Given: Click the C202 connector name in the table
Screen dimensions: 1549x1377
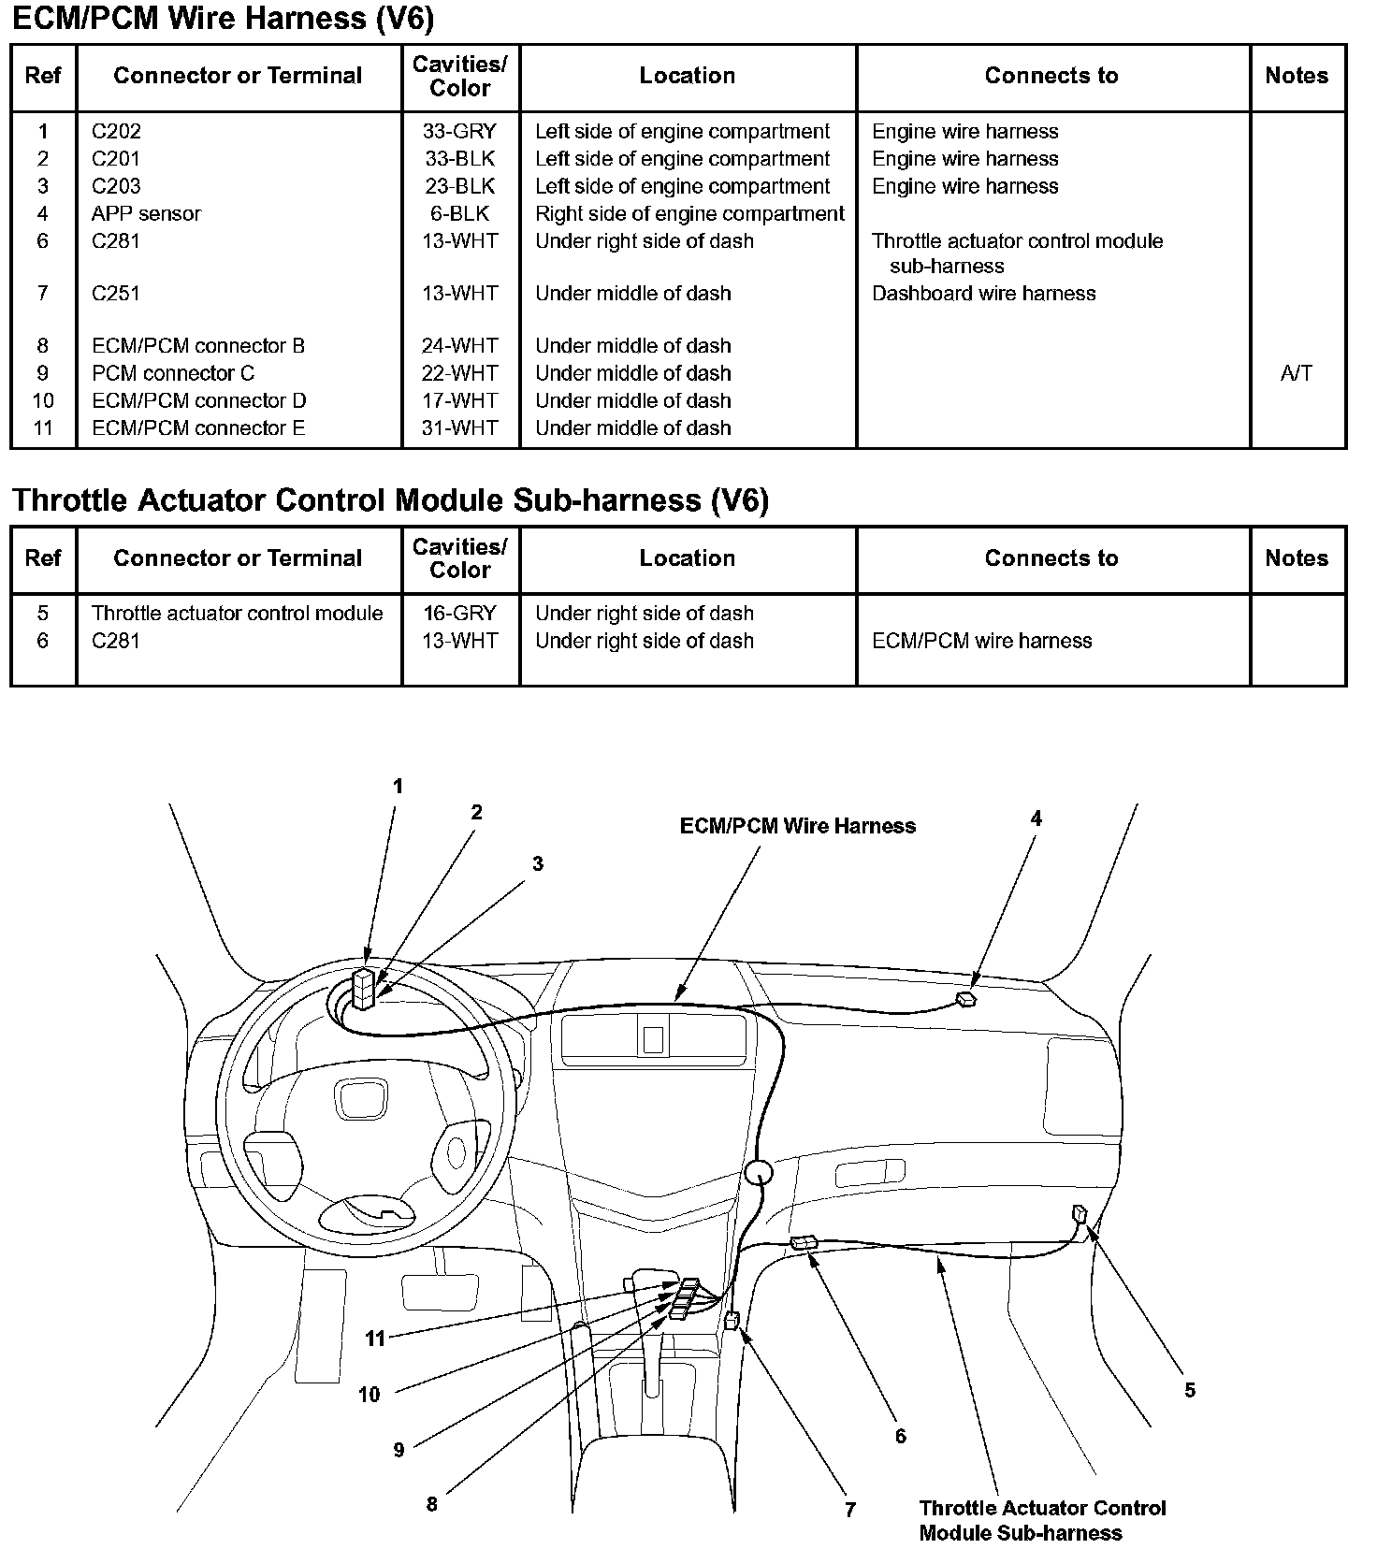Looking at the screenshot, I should [x=116, y=132].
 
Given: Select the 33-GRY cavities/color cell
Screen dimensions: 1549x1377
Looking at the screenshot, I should [x=459, y=132].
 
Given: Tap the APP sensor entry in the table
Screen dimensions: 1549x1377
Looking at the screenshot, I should [x=146, y=213].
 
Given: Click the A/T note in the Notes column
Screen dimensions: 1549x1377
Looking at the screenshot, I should [x=1296, y=373].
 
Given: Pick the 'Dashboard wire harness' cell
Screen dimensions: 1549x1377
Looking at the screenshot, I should [x=983, y=294].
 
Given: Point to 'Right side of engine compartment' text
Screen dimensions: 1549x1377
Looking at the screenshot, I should [x=689, y=213].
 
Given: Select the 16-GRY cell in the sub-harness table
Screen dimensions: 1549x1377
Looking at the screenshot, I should [x=459, y=614].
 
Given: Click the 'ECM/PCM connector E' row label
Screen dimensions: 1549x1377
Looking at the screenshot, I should [x=198, y=428].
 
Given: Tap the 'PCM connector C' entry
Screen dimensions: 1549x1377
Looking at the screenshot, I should [x=173, y=373].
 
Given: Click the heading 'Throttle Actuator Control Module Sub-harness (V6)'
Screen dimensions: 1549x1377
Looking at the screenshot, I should [x=390, y=500].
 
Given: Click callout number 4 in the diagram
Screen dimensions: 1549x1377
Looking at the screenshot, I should [x=1036, y=818].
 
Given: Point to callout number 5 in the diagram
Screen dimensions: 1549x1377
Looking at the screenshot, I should [x=1189, y=1390].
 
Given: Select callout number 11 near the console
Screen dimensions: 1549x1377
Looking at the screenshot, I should [x=375, y=1339].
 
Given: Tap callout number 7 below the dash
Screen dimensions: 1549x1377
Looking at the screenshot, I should [x=849, y=1509].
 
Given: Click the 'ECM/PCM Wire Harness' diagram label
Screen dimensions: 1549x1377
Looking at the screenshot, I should [x=797, y=826].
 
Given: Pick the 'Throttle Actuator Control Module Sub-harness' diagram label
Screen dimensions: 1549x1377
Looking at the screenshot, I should [x=1042, y=1520].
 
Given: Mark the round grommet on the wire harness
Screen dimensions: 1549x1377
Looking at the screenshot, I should [x=759, y=1172].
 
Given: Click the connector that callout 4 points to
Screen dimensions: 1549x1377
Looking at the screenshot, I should [x=965, y=999].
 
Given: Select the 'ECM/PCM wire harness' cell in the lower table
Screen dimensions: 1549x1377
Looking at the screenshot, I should [x=981, y=641].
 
